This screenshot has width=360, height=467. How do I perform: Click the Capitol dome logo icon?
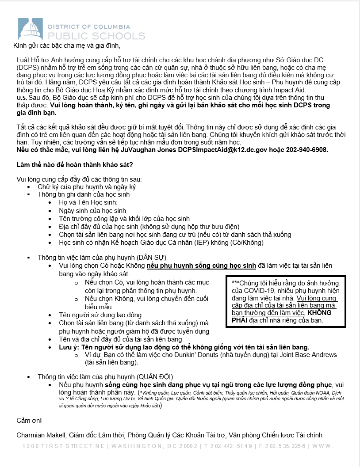[30, 29]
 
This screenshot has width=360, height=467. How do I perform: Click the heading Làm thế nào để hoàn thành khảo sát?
[71, 165]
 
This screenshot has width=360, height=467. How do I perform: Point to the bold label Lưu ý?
[69, 347]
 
